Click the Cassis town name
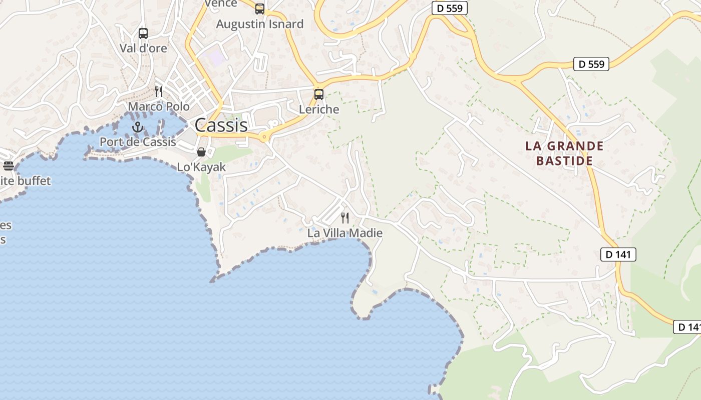221,125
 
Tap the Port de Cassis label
138,142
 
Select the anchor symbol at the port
138,127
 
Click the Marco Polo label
159,106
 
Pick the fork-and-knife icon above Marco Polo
159,91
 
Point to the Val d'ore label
143,48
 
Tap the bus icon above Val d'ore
143,33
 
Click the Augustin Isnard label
259,24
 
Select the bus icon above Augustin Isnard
259,8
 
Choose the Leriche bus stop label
319,109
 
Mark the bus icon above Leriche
319,94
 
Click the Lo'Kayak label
201,167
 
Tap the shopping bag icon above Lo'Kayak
201,152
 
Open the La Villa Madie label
344,233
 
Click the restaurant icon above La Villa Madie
344,217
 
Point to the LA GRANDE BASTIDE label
564,153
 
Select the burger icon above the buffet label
8,165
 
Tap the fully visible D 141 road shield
618,254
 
